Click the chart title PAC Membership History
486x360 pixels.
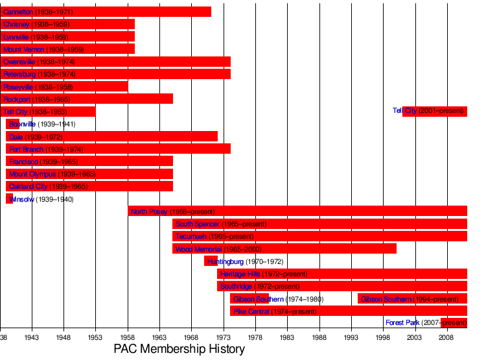(x=179, y=349)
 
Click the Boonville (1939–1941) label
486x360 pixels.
(x=42, y=124)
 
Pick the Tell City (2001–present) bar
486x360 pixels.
(x=435, y=111)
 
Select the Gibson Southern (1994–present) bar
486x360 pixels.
(x=412, y=298)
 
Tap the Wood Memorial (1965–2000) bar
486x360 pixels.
(x=284, y=248)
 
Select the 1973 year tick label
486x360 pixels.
(x=224, y=337)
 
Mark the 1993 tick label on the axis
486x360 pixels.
(x=351, y=337)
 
